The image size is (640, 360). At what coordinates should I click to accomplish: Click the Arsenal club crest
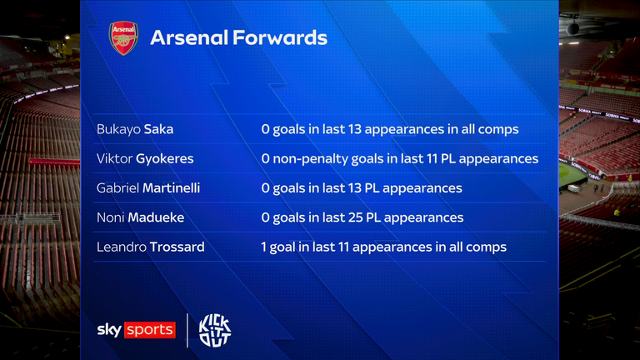123,38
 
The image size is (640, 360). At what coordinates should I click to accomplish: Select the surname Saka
157,129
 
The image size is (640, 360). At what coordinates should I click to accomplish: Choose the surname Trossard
178,247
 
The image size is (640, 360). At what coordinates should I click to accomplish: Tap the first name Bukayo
117,129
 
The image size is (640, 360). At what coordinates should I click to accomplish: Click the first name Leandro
121,247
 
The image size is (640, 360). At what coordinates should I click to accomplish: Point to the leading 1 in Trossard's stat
264,247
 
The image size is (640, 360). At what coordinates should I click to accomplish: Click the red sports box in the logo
150,330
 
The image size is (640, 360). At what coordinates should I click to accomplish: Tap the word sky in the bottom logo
110,330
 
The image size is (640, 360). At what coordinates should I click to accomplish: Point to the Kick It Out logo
214,330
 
